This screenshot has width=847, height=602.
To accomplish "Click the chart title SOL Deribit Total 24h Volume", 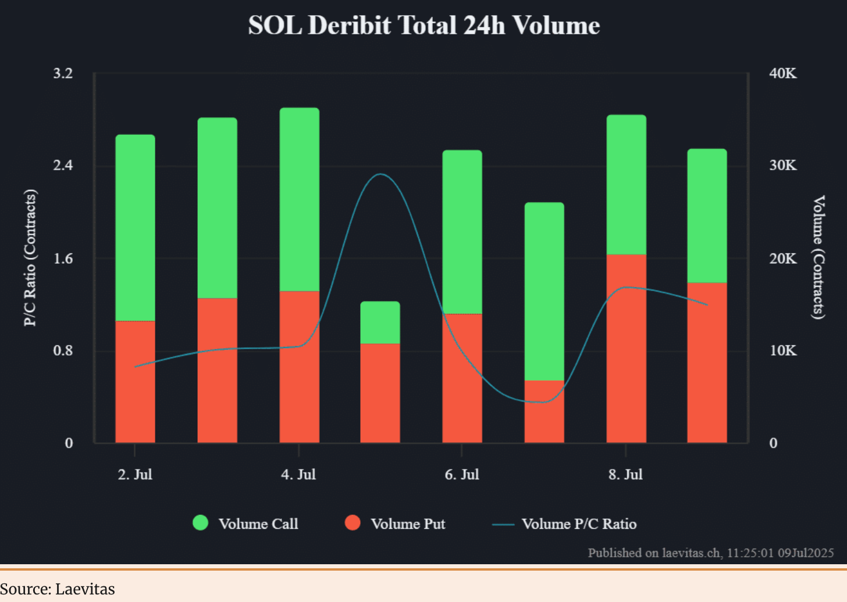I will [424, 26].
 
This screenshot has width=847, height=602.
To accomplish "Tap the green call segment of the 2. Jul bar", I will [135, 228].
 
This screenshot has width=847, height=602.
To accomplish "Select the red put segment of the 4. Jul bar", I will [299, 366].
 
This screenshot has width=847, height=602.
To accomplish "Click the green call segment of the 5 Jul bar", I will [380, 322].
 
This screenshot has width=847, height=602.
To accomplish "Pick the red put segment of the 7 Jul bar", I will [544, 411].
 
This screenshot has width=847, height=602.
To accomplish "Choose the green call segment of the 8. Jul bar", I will [626, 184].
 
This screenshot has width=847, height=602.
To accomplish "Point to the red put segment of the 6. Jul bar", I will [462, 378].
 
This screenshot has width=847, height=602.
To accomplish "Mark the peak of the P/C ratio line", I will [380, 174].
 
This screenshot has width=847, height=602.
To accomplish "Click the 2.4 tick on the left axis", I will [63, 166].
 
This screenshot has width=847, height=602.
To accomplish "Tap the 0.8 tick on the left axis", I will [63, 350].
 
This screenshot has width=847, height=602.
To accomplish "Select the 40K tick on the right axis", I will [782, 73].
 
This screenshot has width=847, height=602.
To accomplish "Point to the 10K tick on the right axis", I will [782, 350].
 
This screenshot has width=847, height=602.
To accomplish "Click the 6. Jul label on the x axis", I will [462, 475].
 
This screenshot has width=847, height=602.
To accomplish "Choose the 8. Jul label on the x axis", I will [625, 475].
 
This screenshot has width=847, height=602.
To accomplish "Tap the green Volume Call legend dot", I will [201, 523].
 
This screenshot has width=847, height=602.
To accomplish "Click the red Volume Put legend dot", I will [353, 523].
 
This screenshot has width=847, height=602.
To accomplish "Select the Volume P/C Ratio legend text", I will [579, 524].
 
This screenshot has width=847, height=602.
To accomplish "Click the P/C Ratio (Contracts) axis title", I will [30, 258].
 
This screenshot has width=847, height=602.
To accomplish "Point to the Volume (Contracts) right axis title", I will [818, 257].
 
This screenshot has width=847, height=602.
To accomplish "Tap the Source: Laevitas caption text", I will [58, 589].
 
